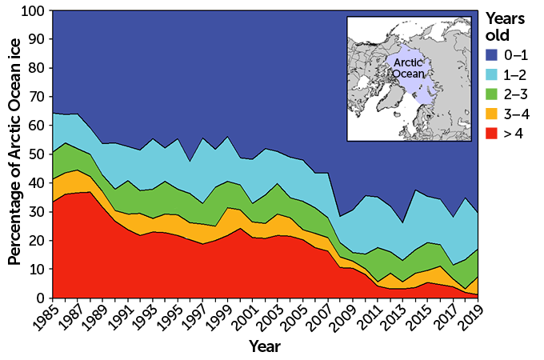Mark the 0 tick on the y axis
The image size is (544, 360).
point(41,298)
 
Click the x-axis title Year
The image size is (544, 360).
point(264,346)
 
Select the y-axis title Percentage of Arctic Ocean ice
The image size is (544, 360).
point(14,155)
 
